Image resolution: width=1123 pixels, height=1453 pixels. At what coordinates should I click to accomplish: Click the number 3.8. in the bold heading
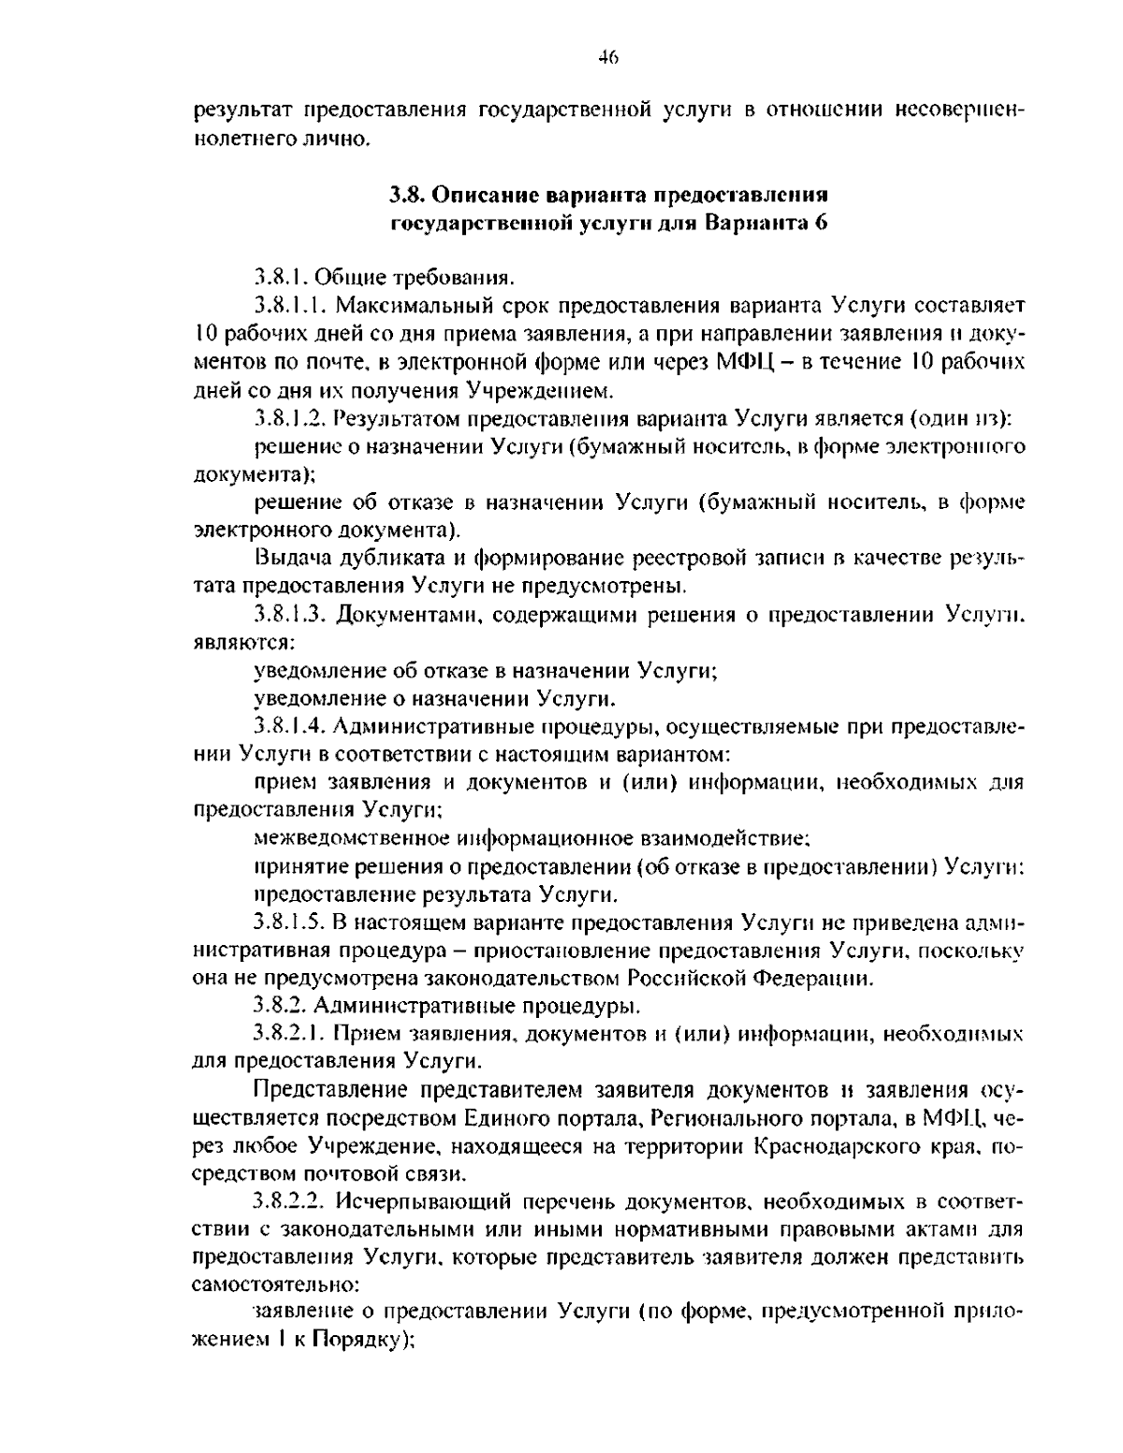(x=407, y=196)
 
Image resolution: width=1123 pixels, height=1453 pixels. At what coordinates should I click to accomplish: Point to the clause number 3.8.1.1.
(x=290, y=307)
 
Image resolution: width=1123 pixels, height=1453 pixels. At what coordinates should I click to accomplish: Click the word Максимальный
(x=411, y=307)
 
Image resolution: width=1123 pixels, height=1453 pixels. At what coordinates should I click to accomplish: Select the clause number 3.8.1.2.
(x=290, y=418)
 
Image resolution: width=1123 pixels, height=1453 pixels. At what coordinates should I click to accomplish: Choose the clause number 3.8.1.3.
(x=290, y=615)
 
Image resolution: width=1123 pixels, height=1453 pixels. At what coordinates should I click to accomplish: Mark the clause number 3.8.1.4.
(x=290, y=726)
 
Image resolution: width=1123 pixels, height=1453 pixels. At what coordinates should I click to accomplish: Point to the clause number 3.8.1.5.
(x=290, y=923)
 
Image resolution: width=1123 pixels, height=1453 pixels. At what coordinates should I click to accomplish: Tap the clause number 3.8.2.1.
(x=290, y=1035)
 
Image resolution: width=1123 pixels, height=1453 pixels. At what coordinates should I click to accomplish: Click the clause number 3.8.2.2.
(x=290, y=1200)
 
